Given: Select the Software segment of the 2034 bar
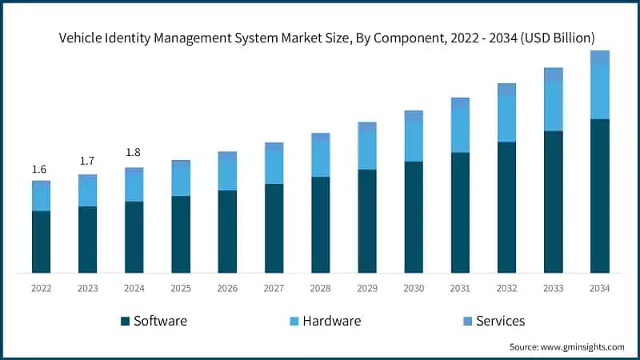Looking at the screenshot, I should point(600,196).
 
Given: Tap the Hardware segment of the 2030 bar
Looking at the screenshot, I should point(414,142).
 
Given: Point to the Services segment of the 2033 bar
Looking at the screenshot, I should point(554,74).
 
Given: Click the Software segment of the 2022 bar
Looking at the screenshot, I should point(41,242).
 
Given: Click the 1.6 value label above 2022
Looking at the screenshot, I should point(39,170).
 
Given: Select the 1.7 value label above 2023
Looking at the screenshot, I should point(87,162).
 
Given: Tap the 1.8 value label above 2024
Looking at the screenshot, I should point(134,153).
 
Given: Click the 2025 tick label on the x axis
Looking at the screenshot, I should point(181,288).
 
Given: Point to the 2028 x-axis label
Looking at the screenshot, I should point(320,288).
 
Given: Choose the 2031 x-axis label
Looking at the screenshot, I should point(460,288).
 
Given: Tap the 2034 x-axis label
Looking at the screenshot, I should point(600,288).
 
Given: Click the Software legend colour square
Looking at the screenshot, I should point(125,322).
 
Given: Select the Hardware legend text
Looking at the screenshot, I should point(331,321).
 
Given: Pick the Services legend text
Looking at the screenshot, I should point(500,321).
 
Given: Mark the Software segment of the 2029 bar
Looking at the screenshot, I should point(367,221).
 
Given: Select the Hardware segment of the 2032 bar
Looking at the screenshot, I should point(506,118).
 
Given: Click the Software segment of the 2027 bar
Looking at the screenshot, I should point(274,228).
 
